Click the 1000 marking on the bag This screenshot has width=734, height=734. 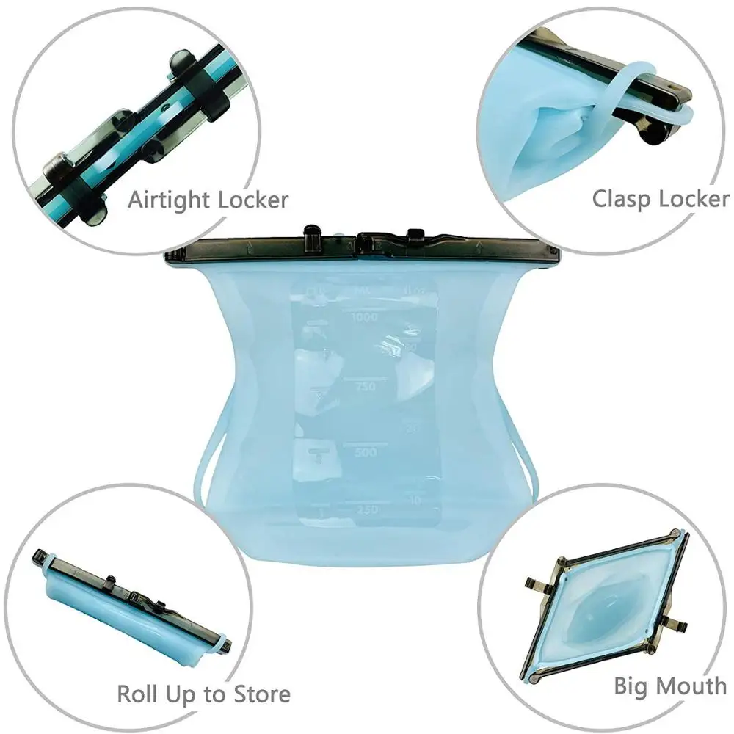pyautogui.click(x=364, y=317)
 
